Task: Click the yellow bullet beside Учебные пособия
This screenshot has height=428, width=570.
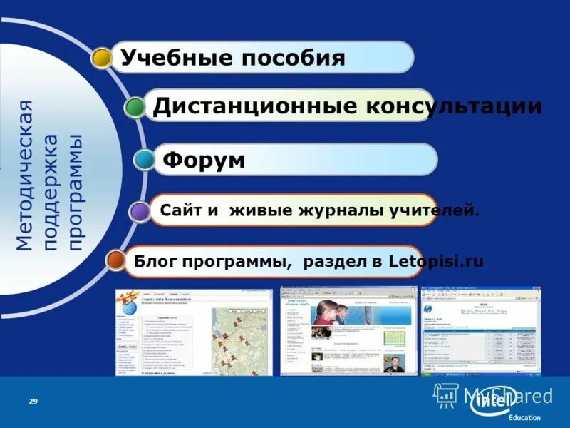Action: pyautogui.click(x=102, y=58)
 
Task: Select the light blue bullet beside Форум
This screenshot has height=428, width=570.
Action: pyautogui.click(x=145, y=159)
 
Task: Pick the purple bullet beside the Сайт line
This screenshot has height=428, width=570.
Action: pyautogui.click(x=140, y=210)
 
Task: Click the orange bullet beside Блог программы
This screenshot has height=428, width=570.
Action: pyautogui.click(x=115, y=260)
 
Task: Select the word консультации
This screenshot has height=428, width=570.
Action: pyautogui.click(x=453, y=106)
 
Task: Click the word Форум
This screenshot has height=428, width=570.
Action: pyautogui.click(x=203, y=160)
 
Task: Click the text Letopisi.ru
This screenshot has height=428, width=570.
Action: pyautogui.click(x=436, y=261)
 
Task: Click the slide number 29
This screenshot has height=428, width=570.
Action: pyautogui.click(x=33, y=402)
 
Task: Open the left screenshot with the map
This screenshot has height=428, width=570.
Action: pyautogui.click(x=193, y=332)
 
